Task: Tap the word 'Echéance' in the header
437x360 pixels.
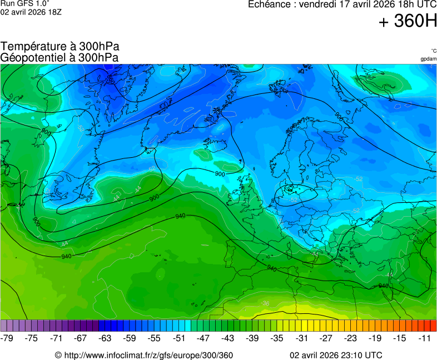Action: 270,4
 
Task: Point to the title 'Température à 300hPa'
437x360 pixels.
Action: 60,47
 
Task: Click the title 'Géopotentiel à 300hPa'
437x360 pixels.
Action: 59,57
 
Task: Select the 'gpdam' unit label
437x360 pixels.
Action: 428,58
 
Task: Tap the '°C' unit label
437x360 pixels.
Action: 433,51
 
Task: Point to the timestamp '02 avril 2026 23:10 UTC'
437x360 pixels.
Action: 336,355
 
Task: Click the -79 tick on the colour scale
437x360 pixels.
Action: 7,338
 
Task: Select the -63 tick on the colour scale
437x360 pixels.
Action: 105,338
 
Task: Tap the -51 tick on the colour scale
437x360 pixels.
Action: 178,338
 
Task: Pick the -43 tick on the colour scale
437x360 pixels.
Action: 227,338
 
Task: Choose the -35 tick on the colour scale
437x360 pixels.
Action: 277,338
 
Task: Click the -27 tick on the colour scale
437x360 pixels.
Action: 326,338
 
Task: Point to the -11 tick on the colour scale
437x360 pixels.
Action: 424,338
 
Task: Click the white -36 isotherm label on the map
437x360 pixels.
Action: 266,303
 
